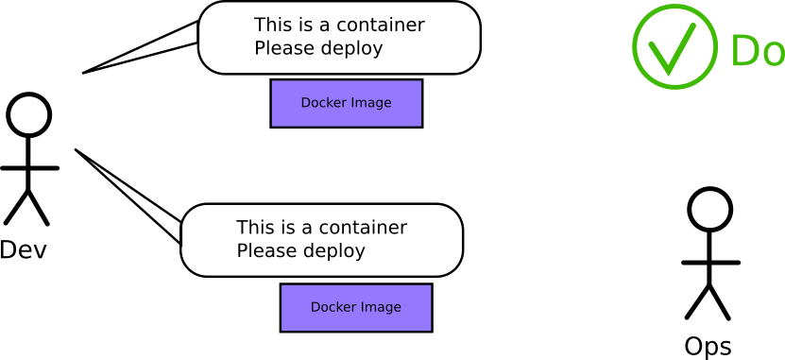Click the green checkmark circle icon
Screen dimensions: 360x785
click(674, 47)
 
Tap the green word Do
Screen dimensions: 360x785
click(757, 51)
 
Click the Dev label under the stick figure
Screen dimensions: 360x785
click(24, 249)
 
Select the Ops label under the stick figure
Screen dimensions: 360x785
click(708, 347)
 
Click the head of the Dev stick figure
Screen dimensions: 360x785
click(29, 114)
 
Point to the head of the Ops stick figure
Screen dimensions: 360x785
click(709, 209)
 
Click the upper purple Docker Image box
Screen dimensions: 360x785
click(346, 103)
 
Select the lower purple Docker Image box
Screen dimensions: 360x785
click(356, 307)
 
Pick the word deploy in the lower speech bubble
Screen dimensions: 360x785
click(333, 252)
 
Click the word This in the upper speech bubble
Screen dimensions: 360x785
click(272, 26)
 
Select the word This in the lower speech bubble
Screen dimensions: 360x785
click(254, 228)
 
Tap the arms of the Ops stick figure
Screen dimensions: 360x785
click(710, 263)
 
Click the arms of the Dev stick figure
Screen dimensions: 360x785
click(29, 168)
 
